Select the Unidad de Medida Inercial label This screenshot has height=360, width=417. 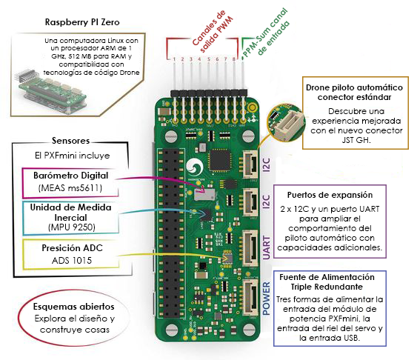coord(76,213)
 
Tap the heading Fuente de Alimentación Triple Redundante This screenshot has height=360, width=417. coord(343,281)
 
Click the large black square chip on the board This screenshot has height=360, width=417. coord(219,159)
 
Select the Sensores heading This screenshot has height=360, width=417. coord(71,141)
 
